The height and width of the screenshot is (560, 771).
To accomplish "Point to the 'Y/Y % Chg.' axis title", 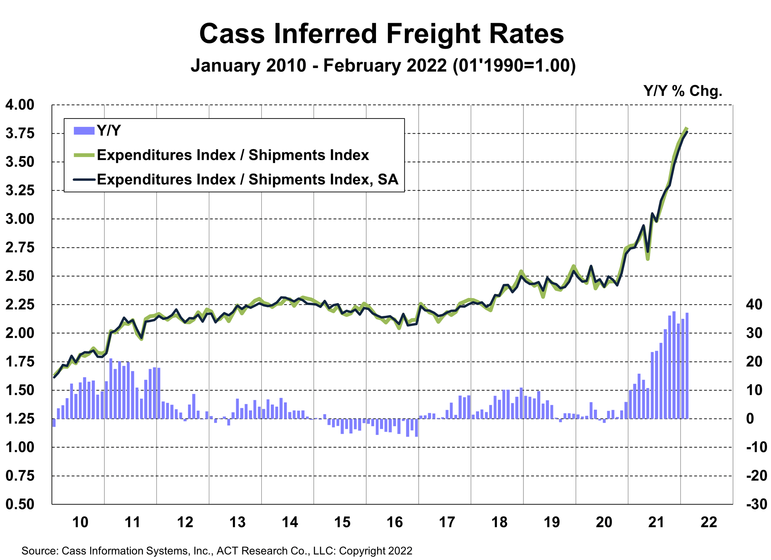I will pos(683,91).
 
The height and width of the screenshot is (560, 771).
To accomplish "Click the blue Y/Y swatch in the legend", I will pos(84,131).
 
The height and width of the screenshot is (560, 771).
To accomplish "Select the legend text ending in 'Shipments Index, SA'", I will pos(248,179).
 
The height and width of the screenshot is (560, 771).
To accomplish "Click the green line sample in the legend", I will pos(84,155).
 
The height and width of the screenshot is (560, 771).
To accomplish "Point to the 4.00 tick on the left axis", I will pos(20,105).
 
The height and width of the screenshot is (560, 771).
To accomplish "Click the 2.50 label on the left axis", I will pos(20,276).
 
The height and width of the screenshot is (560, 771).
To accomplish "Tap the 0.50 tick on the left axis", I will pos(20,504).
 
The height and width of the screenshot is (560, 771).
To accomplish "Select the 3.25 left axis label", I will pos(20,190).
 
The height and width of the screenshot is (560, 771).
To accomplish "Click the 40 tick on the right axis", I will pos(754,304).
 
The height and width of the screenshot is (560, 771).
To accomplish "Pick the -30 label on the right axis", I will pos(757,504).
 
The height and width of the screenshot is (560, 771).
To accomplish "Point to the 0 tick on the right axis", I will pos(750,419).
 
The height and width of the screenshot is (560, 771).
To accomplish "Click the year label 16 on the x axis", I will pos(395,522).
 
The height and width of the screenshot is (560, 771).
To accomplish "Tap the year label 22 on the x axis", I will pos(709,522).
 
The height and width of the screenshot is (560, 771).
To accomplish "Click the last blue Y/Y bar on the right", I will pos(687,365).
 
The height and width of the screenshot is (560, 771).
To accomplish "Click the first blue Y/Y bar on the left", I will pos(54,423).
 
